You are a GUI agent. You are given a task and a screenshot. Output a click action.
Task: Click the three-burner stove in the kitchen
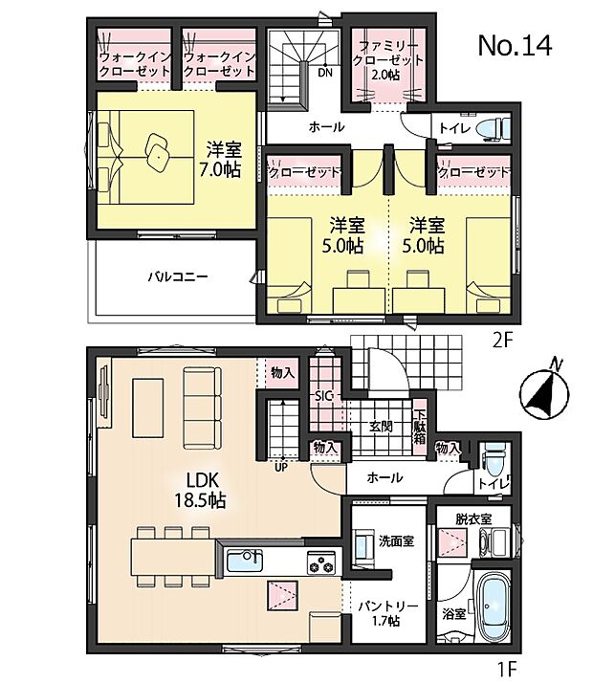[319, 563]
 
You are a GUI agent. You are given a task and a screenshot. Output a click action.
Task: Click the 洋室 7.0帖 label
[222, 159]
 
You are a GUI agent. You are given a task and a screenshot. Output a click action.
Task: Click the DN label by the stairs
[324, 72]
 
